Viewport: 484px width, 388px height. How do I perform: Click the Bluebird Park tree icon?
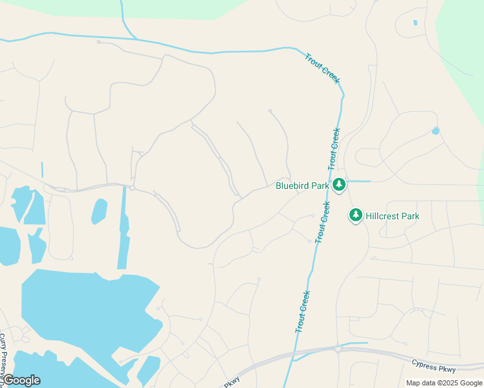click(x=339, y=185)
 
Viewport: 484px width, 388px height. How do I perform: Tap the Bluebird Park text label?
click(x=303, y=186)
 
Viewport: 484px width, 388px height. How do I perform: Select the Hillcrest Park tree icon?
click(x=355, y=215)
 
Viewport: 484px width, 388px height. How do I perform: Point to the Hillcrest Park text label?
click(x=392, y=216)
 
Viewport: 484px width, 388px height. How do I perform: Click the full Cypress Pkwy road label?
click(x=434, y=365)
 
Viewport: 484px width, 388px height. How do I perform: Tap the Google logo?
click(x=21, y=380)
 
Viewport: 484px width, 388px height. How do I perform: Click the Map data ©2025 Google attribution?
click(x=444, y=383)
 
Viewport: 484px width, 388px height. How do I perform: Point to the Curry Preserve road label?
click(x=3, y=356)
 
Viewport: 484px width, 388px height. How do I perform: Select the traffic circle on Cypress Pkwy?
click(x=338, y=349)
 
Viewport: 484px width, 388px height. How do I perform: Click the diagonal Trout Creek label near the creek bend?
click(x=322, y=67)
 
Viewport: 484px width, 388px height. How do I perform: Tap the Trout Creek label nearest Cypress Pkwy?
click(x=302, y=312)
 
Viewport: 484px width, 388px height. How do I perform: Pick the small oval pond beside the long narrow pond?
click(x=99, y=211)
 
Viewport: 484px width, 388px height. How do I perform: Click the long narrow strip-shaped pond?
click(x=122, y=230)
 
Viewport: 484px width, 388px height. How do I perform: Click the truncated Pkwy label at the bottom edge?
click(x=232, y=383)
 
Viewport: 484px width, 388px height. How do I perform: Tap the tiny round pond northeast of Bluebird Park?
click(x=435, y=131)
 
